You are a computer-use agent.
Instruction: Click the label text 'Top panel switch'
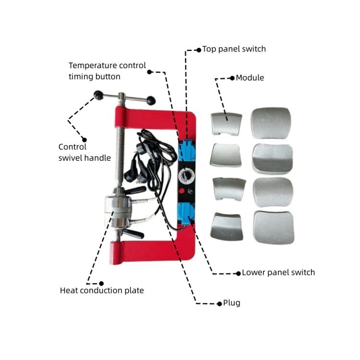(234, 49)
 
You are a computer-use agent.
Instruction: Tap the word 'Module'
(250, 78)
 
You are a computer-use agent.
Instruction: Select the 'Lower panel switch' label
(278, 273)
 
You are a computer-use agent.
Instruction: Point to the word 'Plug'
(232, 303)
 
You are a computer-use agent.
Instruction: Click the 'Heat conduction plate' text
(102, 290)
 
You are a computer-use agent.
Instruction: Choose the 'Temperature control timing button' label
(107, 71)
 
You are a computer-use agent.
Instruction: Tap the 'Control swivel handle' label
(84, 153)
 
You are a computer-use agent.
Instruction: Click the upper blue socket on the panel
(186, 150)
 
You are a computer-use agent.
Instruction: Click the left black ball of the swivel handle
(98, 95)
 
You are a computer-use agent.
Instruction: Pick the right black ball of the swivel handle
(151, 101)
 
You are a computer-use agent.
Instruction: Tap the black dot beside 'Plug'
(219, 303)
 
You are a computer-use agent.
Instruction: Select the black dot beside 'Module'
(232, 78)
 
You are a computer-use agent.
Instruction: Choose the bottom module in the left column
(227, 227)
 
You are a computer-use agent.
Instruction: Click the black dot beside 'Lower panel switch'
(238, 273)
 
